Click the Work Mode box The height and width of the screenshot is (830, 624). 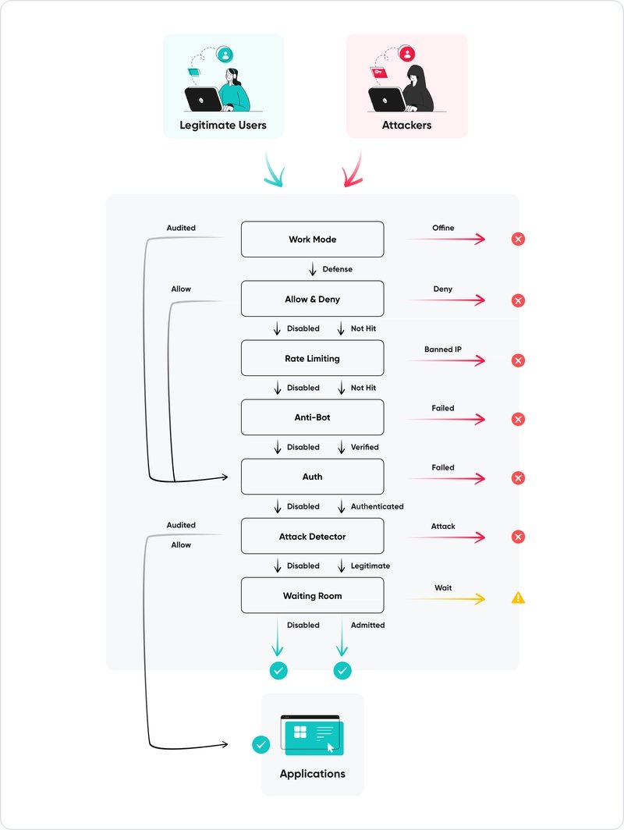(x=312, y=239)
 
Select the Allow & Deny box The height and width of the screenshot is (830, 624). (x=312, y=299)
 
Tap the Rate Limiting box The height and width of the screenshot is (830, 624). (x=312, y=359)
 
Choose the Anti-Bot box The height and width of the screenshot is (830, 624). (x=312, y=417)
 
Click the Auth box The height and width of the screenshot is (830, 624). (x=312, y=477)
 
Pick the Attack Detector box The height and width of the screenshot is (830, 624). (x=312, y=537)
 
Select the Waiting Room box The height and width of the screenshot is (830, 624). (x=312, y=596)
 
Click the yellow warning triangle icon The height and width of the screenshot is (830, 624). (x=518, y=598)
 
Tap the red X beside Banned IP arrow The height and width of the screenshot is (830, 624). (x=518, y=360)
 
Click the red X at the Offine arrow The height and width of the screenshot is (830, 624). (x=518, y=239)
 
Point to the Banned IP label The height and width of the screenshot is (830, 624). (x=442, y=349)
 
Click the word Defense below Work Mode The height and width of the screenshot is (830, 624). (x=337, y=269)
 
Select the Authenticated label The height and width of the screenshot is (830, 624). (x=377, y=506)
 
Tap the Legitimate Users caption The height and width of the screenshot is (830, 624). (x=223, y=125)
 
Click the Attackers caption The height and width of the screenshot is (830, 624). (x=406, y=125)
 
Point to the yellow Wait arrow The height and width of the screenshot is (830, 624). (x=445, y=599)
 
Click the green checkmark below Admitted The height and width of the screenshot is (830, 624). (x=342, y=670)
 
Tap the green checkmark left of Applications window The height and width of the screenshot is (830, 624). (x=261, y=744)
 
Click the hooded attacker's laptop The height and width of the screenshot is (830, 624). (x=385, y=100)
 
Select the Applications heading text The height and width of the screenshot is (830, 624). (x=312, y=774)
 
